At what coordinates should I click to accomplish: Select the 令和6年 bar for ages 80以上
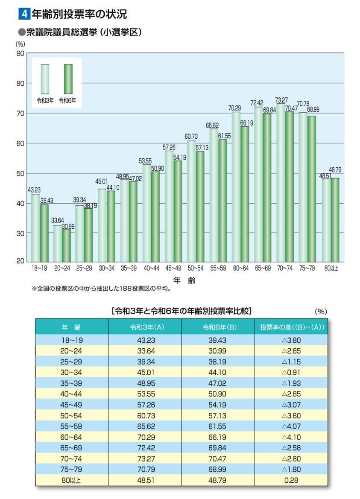335,219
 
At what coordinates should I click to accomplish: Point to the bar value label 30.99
68,227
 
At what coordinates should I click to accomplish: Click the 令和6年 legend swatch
68,79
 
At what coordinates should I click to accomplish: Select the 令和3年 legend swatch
45,79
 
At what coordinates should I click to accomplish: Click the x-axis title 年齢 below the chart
184,280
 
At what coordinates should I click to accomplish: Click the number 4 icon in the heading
24,14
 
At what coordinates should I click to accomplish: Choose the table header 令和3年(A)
145,328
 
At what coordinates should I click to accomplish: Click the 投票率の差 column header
292,328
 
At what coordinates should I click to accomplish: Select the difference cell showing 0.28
292,480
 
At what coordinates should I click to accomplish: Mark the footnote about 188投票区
102,289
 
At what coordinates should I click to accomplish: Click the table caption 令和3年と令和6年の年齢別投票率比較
181,312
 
